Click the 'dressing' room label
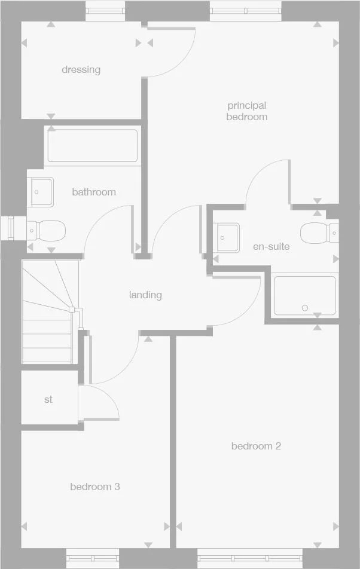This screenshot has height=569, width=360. click(81, 70)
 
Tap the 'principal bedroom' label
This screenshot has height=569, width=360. click(246, 111)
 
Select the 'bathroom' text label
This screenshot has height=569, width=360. click(94, 192)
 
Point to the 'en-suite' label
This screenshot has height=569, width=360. click(271, 246)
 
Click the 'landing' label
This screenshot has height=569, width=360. click(145, 295)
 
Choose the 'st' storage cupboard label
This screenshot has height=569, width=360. click(48, 399)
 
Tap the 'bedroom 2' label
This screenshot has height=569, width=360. click(256, 446)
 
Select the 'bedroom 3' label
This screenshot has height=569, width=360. click(94, 487)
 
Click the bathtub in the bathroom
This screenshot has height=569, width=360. click(92, 146)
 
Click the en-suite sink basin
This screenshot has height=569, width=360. click(228, 237)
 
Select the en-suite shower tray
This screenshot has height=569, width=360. click(304, 295)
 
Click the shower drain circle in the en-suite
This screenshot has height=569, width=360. click(305, 308)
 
